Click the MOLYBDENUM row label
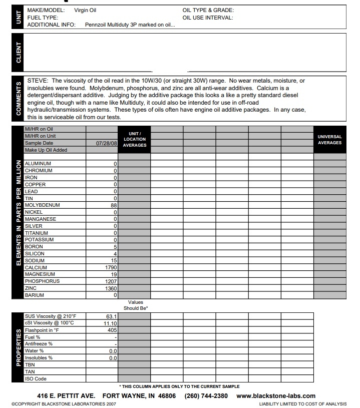pyautogui.click(x=42, y=205)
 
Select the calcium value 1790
pyautogui.click(x=110, y=268)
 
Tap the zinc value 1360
pyautogui.click(x=110, y=288)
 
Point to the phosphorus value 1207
pyautogui.click(x=110, y=281)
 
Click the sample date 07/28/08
pyautogui.click(x=106, y=143)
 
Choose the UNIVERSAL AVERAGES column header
pyautogui.click(x=329, y=140)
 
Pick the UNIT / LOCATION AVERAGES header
pyautogui.click(x=134, y=140)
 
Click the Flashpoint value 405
pyautogui.click(x=112, y=330)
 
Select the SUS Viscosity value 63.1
pyautogui.click(x=111, y=316)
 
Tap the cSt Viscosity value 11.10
pyautogui.click(x=110, y=323)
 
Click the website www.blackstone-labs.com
pyautogui.click(x=276, y=396)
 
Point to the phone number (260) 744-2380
pyautogui.click(x=206, y=396)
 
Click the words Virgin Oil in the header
pyautogui.click(x=85, y=10)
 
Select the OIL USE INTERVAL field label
pyautogui.click(x=208, y=18)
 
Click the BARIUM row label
pyautogui.click(x=35, y=295)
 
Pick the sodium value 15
pyautogui.click(x=114, y=261)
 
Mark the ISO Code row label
pyautogui.click(x=36, y=379)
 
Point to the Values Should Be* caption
pyautogui.click(x=135, y=305)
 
